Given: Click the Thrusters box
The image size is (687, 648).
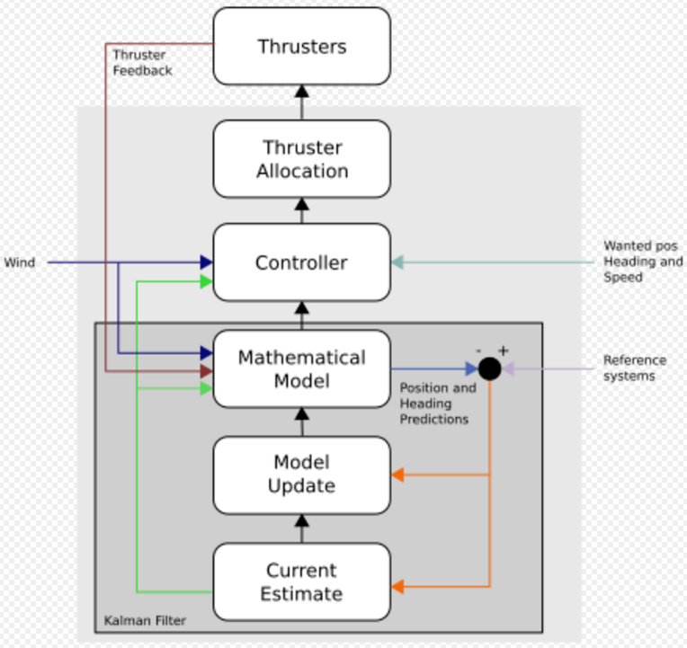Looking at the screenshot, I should click(301, 46).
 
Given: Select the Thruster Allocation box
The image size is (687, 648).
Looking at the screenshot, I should click(301, 159).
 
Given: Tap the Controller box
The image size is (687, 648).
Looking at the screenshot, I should click(301, 263).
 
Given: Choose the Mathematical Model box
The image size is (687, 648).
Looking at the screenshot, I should click(301, 368).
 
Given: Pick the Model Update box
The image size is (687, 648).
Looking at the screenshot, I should click(301, 475).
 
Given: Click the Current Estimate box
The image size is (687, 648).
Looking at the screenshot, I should click(301, 581).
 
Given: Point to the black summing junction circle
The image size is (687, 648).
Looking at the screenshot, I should click(489, 368).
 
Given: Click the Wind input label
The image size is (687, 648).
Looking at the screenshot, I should click(20, 263).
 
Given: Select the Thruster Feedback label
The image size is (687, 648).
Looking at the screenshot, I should click(142, 62).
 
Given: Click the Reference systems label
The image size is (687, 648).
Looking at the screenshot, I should click(629, 368).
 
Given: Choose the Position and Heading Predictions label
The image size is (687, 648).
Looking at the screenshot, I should click(437, 404).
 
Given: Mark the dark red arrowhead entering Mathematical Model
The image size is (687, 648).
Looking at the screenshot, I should click(206, 370).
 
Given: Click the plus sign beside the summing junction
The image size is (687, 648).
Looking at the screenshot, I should click(504, 351).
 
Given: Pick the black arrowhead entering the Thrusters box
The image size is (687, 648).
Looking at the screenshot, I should click(301, 90).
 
